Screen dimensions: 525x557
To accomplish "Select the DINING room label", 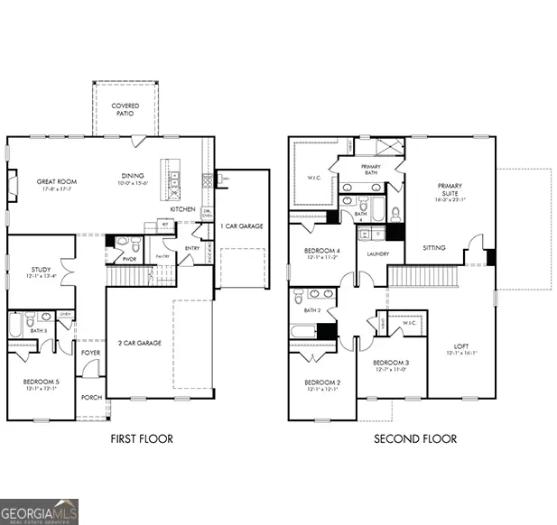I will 133,177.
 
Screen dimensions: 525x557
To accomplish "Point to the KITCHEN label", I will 183,209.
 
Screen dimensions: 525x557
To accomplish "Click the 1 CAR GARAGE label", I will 243,226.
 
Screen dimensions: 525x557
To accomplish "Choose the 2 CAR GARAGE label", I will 140,344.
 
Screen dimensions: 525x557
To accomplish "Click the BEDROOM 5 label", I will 41,382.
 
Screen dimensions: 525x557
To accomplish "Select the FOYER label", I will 91,353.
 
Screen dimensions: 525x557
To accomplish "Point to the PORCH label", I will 91,398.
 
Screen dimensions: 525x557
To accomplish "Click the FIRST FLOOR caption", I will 142,439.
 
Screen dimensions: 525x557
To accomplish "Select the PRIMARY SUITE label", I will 450,190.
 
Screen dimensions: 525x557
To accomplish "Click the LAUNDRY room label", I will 377,253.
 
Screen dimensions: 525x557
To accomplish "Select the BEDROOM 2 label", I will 321,382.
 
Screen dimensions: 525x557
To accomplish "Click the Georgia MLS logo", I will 40,511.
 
